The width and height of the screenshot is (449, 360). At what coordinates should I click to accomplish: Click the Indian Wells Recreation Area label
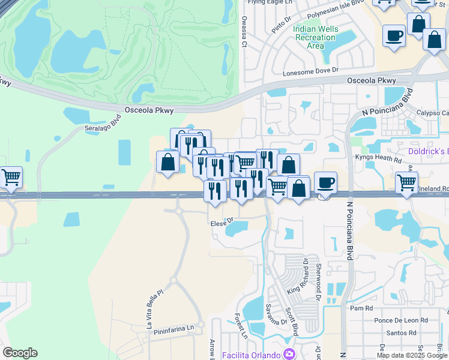pos(315,37)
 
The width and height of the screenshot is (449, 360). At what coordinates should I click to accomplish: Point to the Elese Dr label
pos(221,223)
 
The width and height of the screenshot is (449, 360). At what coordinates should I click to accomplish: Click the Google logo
pos(20,353)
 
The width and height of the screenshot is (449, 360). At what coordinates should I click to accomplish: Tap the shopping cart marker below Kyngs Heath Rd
pos(407,182)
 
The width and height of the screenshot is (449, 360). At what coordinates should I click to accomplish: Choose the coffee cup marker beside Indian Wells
pos(394,35)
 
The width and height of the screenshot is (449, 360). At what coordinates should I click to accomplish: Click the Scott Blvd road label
pos(292,322)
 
